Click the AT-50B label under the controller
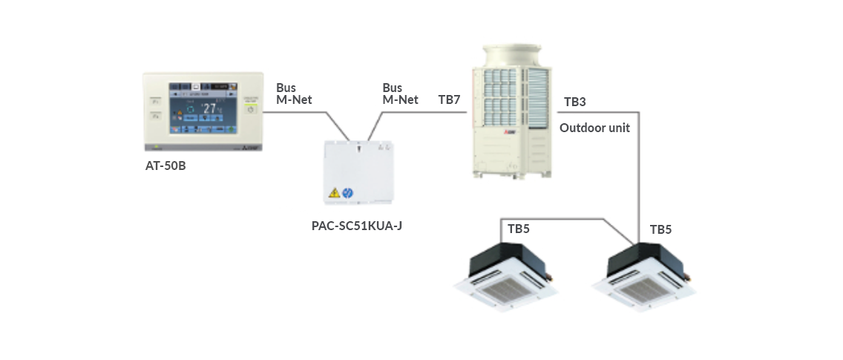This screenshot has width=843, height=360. [x=165, y=166]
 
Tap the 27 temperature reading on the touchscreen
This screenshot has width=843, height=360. [x=210, y=108]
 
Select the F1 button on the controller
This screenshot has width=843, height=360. [x=156, y=101]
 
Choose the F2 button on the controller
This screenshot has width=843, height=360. [x=156, y=116]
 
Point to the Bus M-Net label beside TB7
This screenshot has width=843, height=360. [x=400, y=94]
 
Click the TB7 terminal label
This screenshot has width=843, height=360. [x=449, y=99]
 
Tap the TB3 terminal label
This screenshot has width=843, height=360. [x=575, y=102]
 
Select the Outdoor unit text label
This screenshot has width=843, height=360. [x=594, y=128]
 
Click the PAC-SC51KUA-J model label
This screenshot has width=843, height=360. [x=355, y=223]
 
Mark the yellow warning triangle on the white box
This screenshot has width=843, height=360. [x=335, y=193]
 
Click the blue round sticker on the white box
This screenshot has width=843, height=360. [x=347, y=193]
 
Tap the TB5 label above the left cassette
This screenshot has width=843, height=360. [x=518, y=229]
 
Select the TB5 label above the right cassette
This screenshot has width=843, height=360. [x=660, y=229]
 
